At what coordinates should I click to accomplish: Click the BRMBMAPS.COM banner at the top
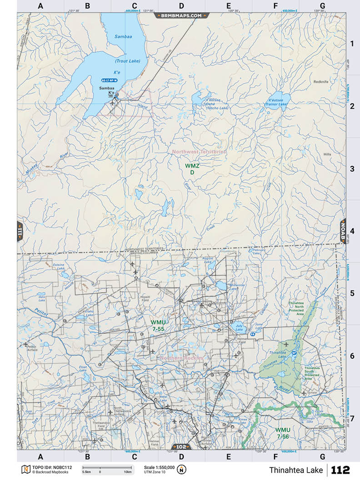click(x=181, y=15)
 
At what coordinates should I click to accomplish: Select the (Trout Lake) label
click(x=127, y=61)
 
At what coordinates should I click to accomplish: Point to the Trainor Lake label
click(x=276, y=104)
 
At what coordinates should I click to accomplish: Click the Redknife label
click(x=321, y=81)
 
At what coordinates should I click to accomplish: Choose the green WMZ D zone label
click(x=192, y=169)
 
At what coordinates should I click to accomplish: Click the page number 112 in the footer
click(x=340, y=470)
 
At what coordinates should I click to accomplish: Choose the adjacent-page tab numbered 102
click(x=181, y=446)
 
